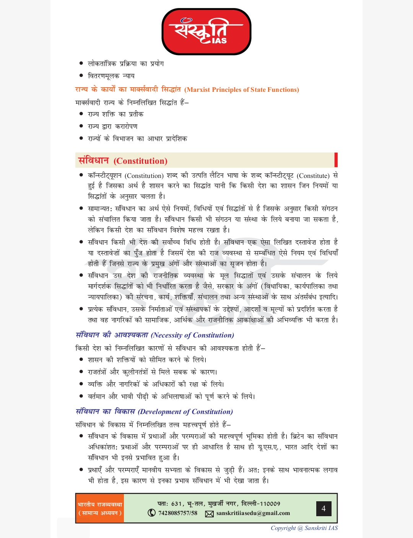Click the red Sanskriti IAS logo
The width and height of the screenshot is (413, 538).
pyautogui.click(x=206, y=32)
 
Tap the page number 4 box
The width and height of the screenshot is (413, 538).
pyautogui.click(x=324, y=509)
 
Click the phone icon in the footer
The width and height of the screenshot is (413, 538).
pyautogui.click(x=152, y=513)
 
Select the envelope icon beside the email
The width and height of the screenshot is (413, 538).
pyautogui.click(x=209, y=514)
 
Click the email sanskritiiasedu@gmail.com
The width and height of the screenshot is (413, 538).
pyautogui.click(x=253, y=513)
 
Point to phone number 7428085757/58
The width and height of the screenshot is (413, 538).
pyautogui.click(x=178, y=513)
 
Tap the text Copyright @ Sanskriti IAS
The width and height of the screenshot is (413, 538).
pyautogui.click(x=304, y=528)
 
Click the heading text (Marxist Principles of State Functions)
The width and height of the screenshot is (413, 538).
pyautogui.click(x=242, y=90)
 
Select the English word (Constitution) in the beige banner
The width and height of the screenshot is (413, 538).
pyautogui.click(x=140, y=161)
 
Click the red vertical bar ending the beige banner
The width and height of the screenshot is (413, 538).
pyautogui.click(x=336, y=160)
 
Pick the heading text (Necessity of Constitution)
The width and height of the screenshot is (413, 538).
pyautogui.click(x=192, y=335)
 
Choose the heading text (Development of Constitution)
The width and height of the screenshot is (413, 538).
pyautogui.click(x=185, y=412)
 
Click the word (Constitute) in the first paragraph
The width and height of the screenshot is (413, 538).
pyautogui.click(x=313, y=176)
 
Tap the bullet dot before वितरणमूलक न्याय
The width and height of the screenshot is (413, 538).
pyautogui.click(x=81, y=75)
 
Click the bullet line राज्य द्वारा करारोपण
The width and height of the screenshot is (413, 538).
pyautogui.click(x=112, y=126)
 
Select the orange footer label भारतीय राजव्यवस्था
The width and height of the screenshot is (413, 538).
pyautogui.click(x=100, y=504)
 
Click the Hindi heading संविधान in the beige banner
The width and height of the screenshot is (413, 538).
pyautogui.click(x=94, y=160)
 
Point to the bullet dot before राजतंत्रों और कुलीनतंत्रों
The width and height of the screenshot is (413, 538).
pyautogui.click(x=81, y=372)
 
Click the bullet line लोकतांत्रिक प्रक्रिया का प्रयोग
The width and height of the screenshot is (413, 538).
pyautogui.click(x=126, y=64)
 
